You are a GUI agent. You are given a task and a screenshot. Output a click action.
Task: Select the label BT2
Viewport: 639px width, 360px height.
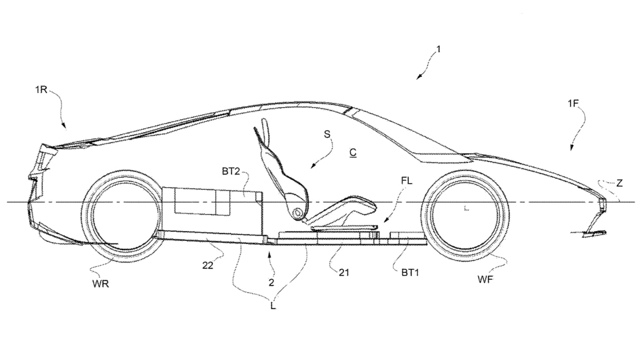[x=230, y=172]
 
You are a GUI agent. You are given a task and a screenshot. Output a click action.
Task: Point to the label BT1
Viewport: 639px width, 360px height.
[x=404, y=272]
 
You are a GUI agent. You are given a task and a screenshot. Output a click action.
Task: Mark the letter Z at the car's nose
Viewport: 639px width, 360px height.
[x=619, y=184]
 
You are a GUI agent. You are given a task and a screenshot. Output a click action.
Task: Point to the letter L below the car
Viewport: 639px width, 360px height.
[x=273, y=306]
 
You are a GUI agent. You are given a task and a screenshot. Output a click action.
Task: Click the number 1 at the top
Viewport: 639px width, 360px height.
[x=438, y=49]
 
